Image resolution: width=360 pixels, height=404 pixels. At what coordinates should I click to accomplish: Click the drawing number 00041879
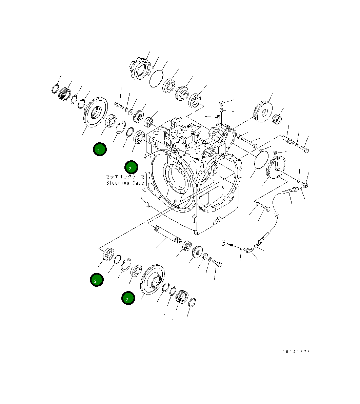pos(296,352)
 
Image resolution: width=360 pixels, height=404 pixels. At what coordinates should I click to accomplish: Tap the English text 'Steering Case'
pos(125,183)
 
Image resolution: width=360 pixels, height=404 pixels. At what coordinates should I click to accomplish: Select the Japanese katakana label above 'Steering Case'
pos(125,177)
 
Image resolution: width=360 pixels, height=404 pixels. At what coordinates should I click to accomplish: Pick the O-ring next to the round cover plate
pos(261,159)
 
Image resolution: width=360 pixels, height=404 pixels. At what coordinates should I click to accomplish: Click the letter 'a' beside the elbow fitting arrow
pos(223,243)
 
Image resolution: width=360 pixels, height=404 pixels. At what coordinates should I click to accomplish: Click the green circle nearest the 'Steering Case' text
pos(131,167)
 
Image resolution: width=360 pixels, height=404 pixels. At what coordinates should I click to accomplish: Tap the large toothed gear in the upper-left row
pos(95,112)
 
